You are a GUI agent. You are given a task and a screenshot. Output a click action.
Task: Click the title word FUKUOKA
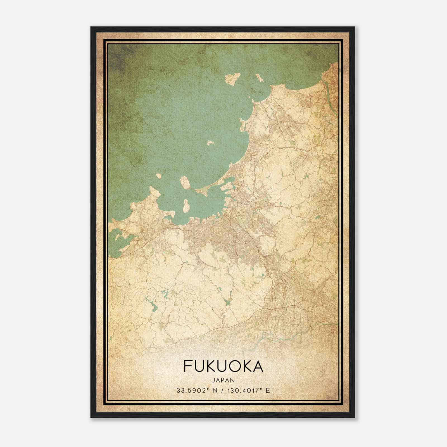pyautogui.click(x=223, y=367)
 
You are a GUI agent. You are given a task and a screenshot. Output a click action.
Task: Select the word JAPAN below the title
pyautogui.click(x=223, y=380)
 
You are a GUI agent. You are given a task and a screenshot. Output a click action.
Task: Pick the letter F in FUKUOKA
pyautogui.click(x=187, y=367)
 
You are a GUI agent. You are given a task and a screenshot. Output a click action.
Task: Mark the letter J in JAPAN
pyautogui.click(x=213, y=380)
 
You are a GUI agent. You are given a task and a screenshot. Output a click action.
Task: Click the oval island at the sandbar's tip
pyautogui.click(x=185, y=182)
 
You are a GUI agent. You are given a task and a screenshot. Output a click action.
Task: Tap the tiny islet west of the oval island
pyautogui.click(x=159, y=176)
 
